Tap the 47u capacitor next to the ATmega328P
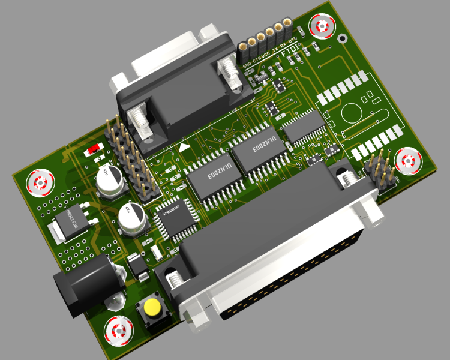coord(131,217)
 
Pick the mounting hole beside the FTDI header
coord(322,26)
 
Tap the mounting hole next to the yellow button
coord(118,331)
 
